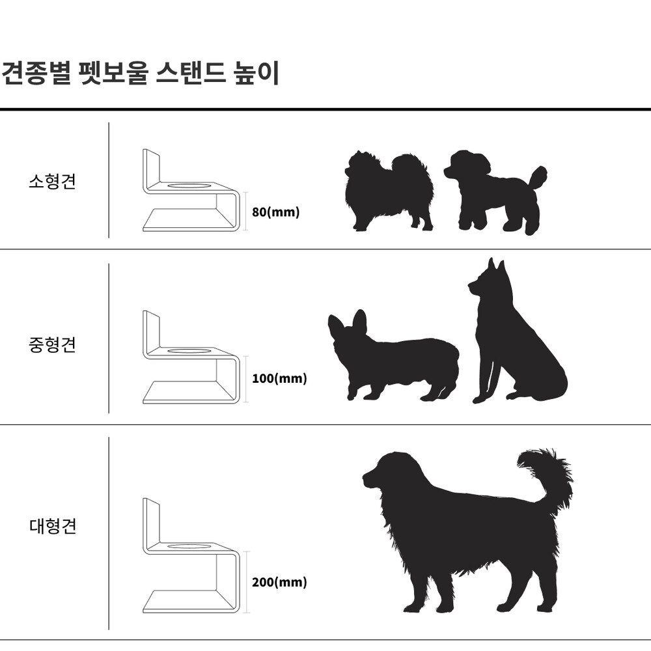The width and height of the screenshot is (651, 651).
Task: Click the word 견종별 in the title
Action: [x=36, y=74]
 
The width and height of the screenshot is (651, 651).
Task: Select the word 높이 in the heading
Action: [x=256, y=74]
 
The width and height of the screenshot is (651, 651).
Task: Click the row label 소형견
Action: [x=52, y=182]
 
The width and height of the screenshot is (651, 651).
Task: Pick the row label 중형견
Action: [x=52, y=344]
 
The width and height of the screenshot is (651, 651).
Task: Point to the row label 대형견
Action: [x=53, y=526]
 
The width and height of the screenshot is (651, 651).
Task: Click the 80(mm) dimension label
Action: [x=275, y=212]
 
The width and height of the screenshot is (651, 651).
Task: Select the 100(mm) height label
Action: [x=279, y=379]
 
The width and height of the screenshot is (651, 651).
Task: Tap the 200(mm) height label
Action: [x=279, y=582]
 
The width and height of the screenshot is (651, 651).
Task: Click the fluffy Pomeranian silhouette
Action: [x=388, y=191]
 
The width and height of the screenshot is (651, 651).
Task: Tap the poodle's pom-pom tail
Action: [x=538, y=177]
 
